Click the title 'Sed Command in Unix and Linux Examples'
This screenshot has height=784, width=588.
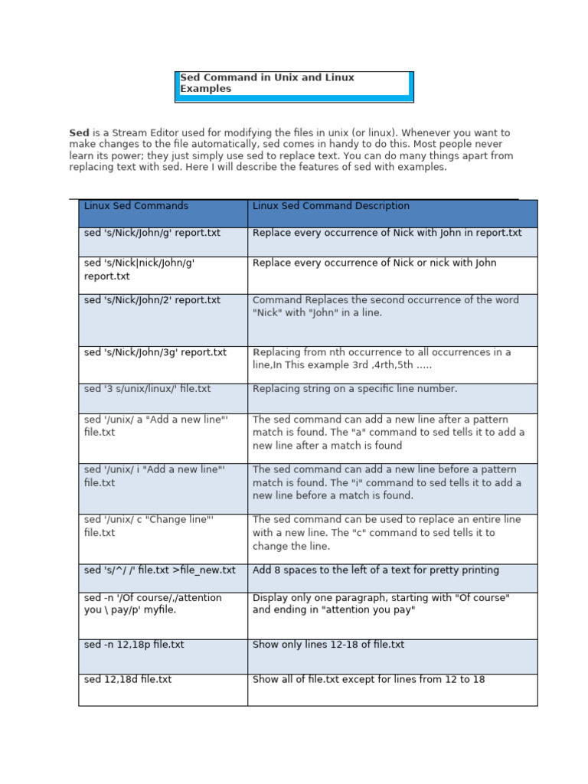(267, 83)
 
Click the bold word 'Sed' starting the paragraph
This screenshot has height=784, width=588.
(79, 132)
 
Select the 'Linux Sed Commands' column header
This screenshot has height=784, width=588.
(136, 206)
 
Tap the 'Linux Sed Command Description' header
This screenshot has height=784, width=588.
(331, 206)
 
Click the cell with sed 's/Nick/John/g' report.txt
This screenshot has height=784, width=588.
(152, 233)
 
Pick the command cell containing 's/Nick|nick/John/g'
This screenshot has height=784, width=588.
(139, 269)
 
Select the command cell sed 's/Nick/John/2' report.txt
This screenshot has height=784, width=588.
(152, 300)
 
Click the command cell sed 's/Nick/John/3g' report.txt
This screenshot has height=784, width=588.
(155, 352)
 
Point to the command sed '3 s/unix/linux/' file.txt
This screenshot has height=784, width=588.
(147, 389)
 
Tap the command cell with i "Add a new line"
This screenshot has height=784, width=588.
(155, 475)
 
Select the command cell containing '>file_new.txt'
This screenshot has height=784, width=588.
(160, 570)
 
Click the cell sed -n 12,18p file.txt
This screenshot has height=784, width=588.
(134, 645)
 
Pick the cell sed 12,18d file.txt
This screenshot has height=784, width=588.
(128, 679)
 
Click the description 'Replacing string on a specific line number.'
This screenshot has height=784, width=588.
(354, 389)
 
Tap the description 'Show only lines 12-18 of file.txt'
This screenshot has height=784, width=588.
(328, 645)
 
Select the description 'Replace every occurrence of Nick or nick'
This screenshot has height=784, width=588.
(374, 263)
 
